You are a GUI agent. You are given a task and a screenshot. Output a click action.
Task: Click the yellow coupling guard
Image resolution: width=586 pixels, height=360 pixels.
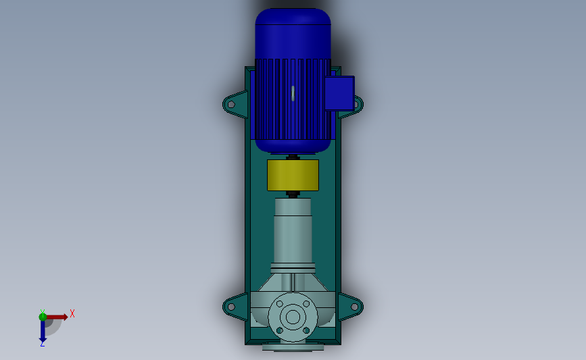pos(293,175)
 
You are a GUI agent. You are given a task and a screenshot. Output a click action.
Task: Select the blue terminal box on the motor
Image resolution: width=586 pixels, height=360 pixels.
pos(339,93)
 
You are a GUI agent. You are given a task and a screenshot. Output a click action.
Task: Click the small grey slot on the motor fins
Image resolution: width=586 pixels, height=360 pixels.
pos(293,93)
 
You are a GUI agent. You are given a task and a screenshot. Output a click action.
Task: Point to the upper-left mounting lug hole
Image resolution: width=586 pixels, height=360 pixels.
pos(231,105)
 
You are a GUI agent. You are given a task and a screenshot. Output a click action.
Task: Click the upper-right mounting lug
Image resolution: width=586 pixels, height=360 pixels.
pos(353,105)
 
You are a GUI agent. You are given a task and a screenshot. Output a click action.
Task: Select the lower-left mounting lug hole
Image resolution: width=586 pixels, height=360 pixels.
pos(231,307)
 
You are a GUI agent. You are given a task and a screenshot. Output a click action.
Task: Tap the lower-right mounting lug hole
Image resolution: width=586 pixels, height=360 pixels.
pos(354,307)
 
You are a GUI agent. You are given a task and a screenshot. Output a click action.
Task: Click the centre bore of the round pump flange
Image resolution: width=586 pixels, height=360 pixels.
pos(293,316)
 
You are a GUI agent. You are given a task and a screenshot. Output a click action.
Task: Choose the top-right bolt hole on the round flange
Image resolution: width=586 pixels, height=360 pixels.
pos(306,303)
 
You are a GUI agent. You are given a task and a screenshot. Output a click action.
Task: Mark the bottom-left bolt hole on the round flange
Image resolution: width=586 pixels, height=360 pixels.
pos(279,330)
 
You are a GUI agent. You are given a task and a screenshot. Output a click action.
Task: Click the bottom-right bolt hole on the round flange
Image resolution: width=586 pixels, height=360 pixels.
pos(306,330)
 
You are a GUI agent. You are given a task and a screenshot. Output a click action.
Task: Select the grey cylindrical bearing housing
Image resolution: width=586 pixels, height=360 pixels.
pos(293,230)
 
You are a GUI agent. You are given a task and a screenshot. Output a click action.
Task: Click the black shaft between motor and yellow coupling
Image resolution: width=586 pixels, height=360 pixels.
pos(293,157)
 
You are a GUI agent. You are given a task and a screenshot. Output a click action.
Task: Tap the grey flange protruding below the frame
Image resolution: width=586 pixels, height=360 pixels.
pos(293,348)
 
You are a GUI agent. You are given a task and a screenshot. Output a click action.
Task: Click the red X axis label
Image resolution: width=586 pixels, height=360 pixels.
pos(72,313)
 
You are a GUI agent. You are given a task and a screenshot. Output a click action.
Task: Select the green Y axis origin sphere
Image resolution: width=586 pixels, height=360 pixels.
pos(43,316)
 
